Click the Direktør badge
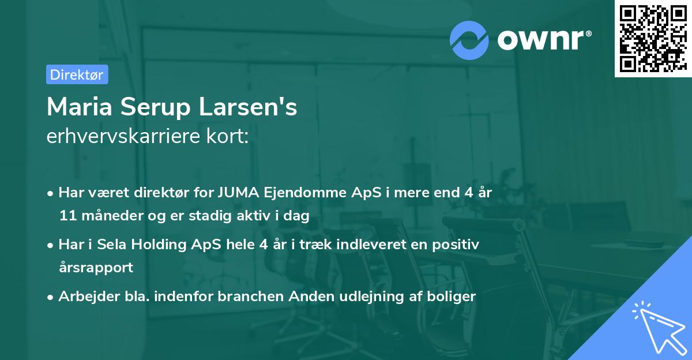(x=77, y=74)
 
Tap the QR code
(x=652, y=38)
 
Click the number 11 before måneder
(x=67, y=216)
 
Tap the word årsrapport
(x=96, y=268)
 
